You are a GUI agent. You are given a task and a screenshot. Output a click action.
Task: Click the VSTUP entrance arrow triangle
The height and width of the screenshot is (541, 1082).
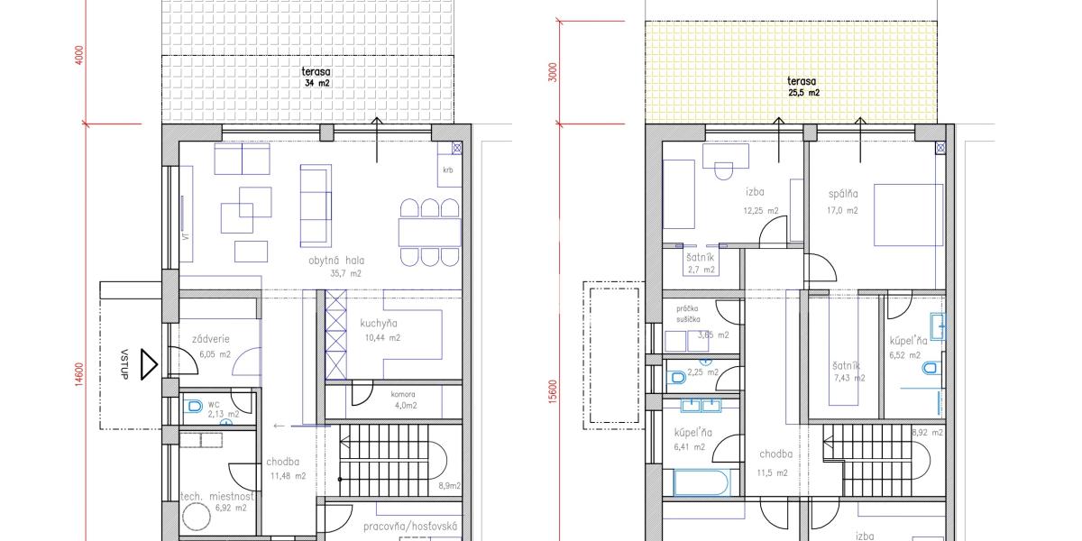(x=149, y=365)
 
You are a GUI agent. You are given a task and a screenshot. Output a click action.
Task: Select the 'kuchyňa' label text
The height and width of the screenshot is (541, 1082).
(x=380, y=324)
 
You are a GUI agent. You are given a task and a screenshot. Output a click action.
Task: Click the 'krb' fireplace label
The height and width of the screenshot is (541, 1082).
(x=447, y=170)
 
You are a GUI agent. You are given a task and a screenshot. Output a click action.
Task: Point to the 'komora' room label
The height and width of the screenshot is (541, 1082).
(x=402, y=394)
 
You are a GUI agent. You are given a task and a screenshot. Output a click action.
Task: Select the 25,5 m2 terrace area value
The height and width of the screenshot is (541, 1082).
(x=802, y=93)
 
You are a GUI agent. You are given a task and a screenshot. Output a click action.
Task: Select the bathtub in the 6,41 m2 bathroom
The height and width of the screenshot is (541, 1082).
(x=701, y=482)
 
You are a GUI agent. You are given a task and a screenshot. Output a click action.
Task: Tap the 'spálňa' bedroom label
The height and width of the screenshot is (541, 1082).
(x=843, y=194)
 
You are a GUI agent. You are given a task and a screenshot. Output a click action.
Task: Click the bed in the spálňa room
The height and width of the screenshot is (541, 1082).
(x=908, y=215)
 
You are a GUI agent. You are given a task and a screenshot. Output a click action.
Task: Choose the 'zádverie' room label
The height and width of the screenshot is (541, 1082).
(x=211, y=340)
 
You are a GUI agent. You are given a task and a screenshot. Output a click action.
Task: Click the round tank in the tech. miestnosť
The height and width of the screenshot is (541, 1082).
(x=197, y=516)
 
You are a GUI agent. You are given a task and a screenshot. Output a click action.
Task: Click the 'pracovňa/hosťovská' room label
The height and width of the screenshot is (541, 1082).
(x=411, y=527)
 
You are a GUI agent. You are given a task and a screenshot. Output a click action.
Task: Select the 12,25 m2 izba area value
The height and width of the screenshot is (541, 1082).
(x=760, y=211)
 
